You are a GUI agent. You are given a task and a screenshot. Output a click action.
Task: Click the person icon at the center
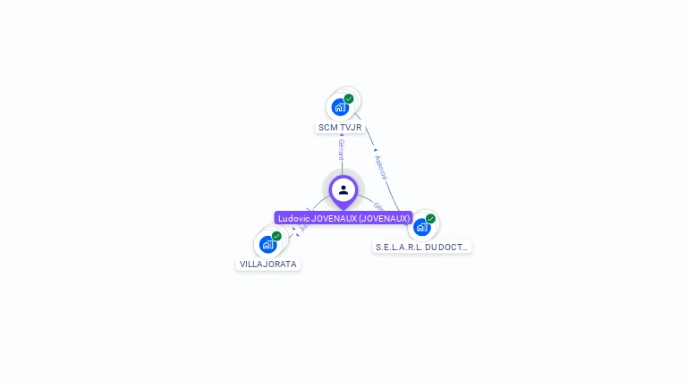343,189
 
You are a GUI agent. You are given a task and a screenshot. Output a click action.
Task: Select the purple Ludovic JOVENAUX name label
343,218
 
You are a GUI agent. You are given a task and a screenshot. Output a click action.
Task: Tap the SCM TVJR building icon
340,107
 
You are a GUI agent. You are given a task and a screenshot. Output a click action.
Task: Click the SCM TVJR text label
340,128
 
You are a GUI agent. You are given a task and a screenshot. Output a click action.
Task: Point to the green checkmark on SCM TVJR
349,98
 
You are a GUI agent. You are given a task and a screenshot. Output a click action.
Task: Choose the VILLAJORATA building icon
267,244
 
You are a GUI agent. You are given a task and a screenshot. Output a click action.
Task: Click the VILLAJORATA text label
268,264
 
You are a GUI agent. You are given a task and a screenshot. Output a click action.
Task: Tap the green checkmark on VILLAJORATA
276,236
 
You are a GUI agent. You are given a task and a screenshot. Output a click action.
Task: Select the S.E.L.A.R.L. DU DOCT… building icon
421,227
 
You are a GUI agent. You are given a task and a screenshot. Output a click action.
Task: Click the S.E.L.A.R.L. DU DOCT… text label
421,247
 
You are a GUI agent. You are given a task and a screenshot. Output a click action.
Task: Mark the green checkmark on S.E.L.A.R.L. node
430,219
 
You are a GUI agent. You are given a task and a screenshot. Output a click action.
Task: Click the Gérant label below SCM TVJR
341,149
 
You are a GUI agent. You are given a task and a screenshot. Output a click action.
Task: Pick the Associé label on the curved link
381,168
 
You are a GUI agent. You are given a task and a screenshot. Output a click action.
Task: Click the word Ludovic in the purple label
293,218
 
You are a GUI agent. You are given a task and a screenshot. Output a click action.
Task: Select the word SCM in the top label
328,128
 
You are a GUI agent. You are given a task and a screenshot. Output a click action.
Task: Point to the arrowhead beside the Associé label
375,151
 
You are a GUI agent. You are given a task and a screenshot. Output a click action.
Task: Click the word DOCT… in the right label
454,247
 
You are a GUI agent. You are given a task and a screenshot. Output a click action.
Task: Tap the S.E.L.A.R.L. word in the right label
399,247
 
